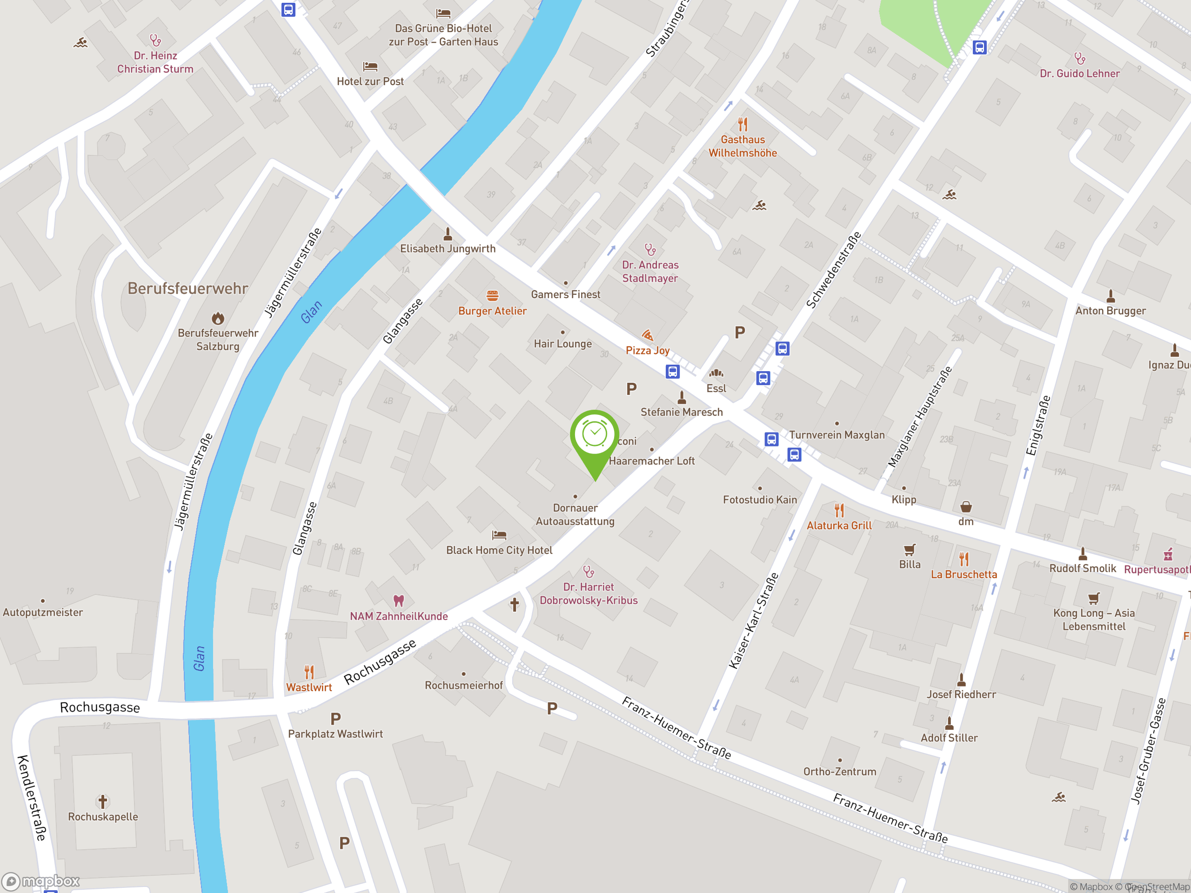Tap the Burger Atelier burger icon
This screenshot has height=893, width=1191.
click(x=492, y=295)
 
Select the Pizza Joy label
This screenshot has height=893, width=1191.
click(x=647, y=350)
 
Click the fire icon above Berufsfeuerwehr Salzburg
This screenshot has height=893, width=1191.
click(x=218, y=318)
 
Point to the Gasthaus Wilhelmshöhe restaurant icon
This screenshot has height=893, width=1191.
click(x=743, y=124)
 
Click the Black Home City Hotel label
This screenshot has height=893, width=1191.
click(x=499, y=550)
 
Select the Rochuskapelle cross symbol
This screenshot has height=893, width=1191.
click(x=103, y=801)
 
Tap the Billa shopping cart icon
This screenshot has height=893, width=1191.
click(x=910, y=550)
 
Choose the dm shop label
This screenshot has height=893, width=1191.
click(x=965, y=521)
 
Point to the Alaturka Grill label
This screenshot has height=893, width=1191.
click(x=839, y=526)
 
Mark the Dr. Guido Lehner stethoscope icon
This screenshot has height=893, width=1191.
click(x=1079, y=58)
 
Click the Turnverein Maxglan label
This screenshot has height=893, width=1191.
click(x=836, y=435)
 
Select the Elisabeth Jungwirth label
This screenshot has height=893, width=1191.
click(x=448, y=249)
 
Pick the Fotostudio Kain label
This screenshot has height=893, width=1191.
click(x=759, y=500)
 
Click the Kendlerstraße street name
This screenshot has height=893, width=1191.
click(x=31, y=798)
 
